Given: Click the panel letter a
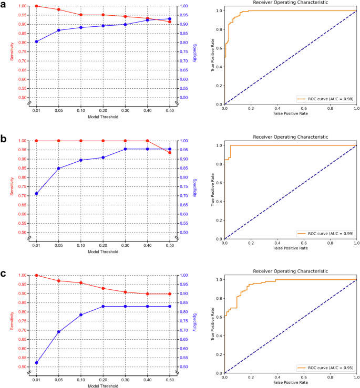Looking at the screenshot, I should (5, 5).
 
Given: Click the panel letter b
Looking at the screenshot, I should (5, 140).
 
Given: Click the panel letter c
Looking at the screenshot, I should (5, 274).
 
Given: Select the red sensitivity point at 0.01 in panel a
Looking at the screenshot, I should (36, 6).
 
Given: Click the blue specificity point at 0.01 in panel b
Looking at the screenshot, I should (36, 194).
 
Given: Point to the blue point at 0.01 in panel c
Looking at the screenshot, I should (36, 363).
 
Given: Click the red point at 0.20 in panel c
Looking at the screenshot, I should (103, 288).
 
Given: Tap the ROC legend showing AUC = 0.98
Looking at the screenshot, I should (325, 98).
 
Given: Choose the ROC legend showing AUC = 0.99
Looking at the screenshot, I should (325, 233).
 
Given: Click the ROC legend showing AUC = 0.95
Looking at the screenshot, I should (325, 367).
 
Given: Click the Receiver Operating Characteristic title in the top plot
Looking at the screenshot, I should (290, 3).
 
